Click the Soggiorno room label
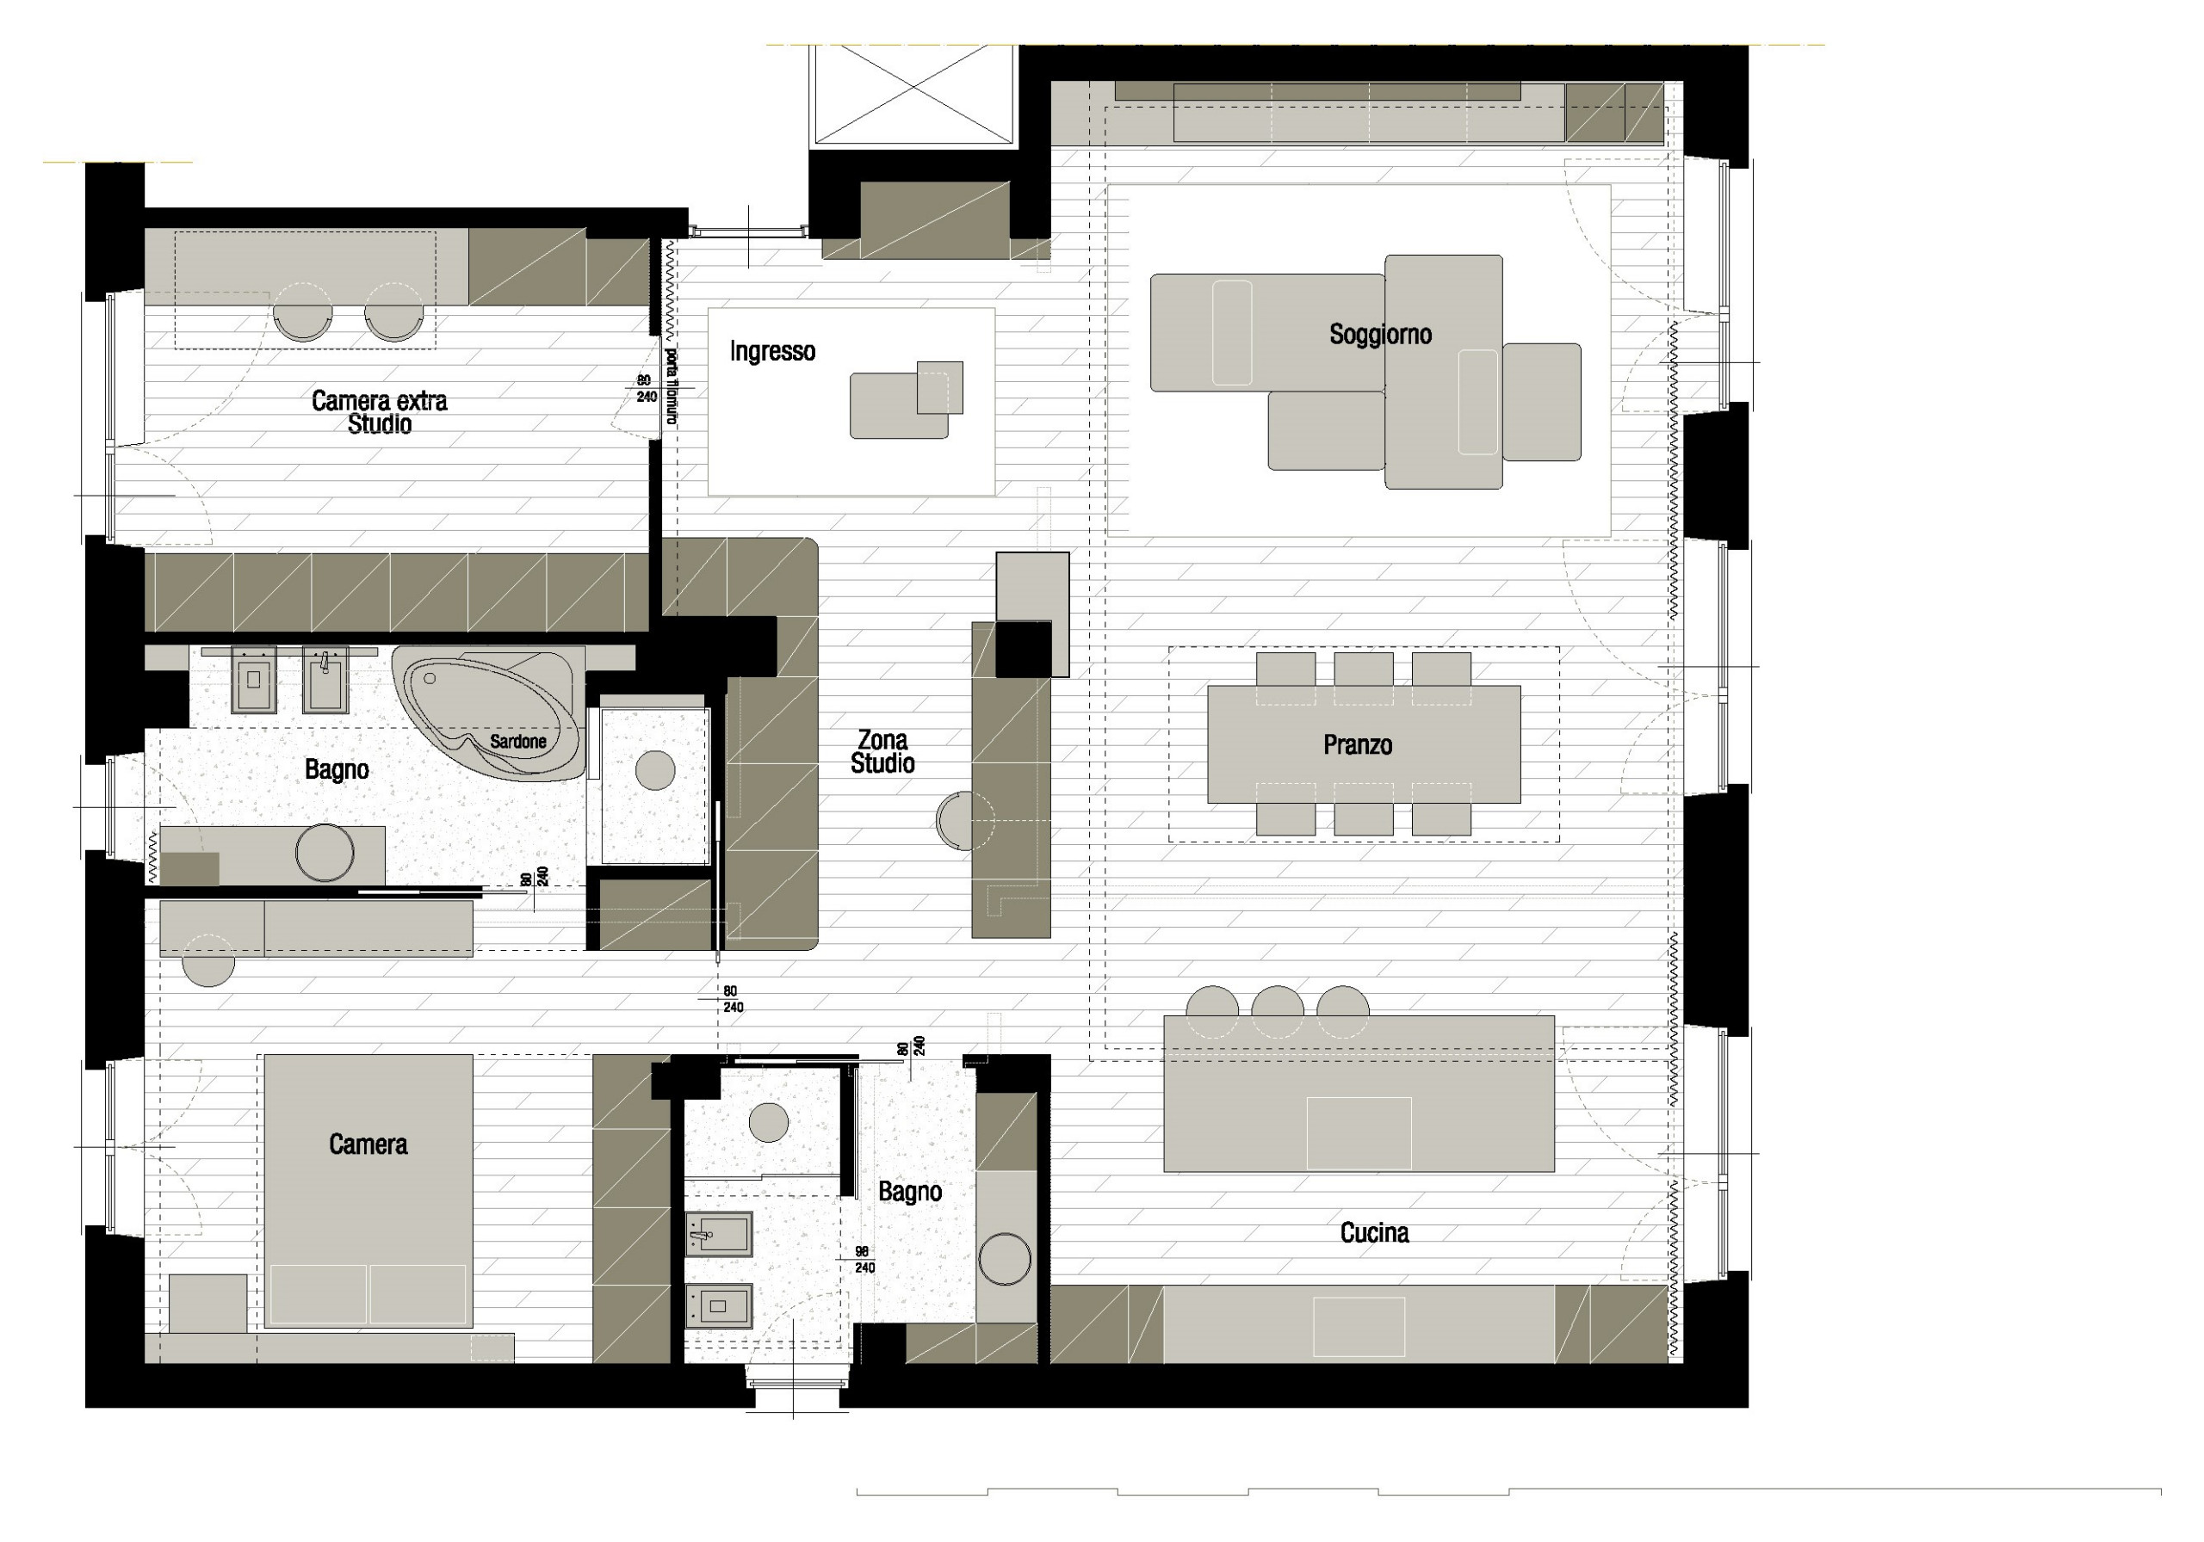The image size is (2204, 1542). pos(1379,334)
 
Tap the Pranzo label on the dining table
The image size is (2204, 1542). pos(1358,744)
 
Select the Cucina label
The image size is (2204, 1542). pos(1374,1233)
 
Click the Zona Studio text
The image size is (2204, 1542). pos(882,751)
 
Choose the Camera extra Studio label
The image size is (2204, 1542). pos(379,411)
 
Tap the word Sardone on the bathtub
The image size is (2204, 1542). pos(517,742)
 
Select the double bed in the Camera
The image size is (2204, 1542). pos(368,1190)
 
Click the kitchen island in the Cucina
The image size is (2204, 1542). pos(1359,1094)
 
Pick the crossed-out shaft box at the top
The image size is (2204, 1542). pos(913,94)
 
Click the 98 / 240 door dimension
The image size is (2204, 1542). pos(863,1259)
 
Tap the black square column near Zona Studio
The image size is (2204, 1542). pos(1024,649)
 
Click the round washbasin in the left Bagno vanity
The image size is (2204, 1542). pos(325,851)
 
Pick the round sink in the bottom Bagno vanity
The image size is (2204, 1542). pos(1004,1257)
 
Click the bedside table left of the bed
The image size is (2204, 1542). pos(207,1302)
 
